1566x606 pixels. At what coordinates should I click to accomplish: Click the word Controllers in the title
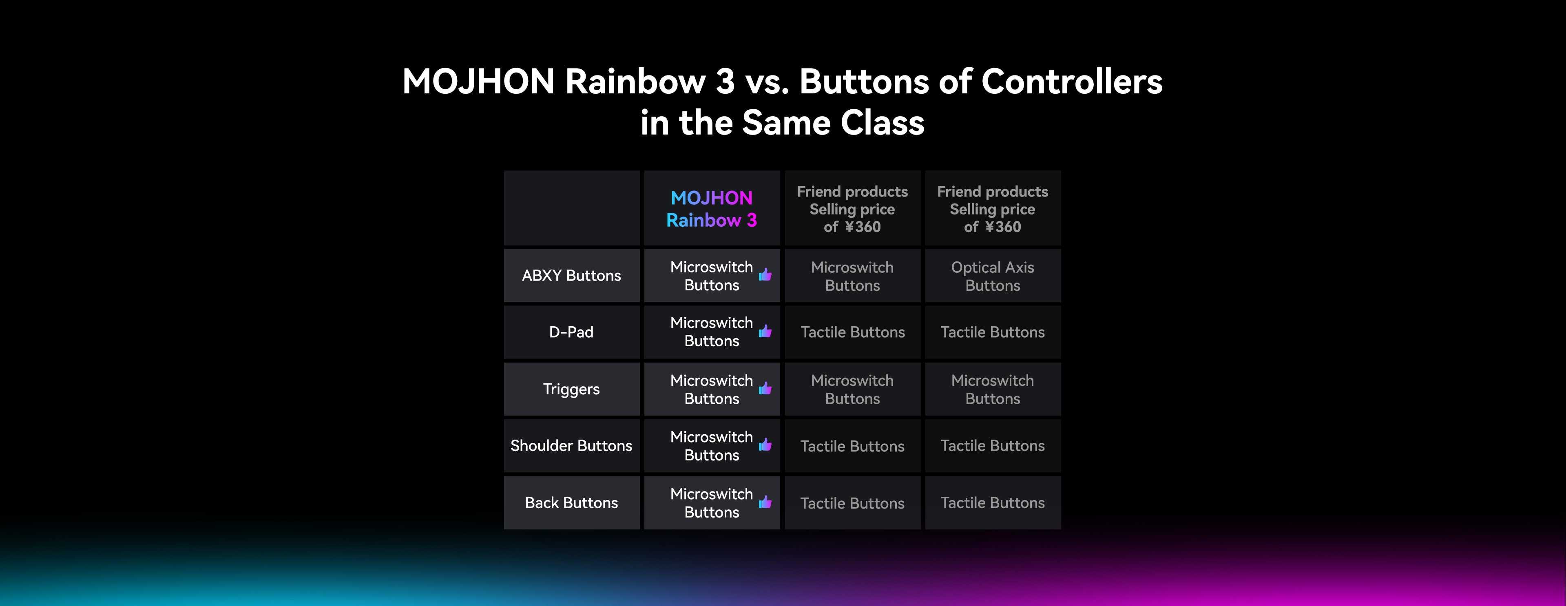[x=1072, y=82]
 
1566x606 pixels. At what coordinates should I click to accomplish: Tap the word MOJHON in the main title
[x=478, y=82]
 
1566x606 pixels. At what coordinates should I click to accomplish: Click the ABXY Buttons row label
[x=571, y=275]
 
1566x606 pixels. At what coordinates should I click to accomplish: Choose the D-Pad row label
[x=571, y=332]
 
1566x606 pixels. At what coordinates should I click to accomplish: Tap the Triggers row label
[x=571, y=389]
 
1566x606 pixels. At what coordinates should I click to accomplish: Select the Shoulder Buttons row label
[x=571, y=446]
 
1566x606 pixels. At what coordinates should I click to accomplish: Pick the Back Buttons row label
[x=571, y=503]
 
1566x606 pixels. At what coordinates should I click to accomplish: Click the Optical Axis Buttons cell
[x=993, y=276]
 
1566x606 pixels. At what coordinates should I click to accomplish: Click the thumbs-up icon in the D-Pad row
[x=765, y=331]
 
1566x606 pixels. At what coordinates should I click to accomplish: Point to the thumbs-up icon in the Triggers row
[x=765, y=388]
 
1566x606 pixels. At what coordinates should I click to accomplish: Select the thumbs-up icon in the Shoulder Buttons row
[x=765, y=445]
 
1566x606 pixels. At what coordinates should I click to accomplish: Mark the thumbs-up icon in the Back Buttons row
[x=765, y=502]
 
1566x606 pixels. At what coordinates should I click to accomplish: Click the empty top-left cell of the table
[x=571, y=208]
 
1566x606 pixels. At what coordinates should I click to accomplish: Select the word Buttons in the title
[x=864, y=82]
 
